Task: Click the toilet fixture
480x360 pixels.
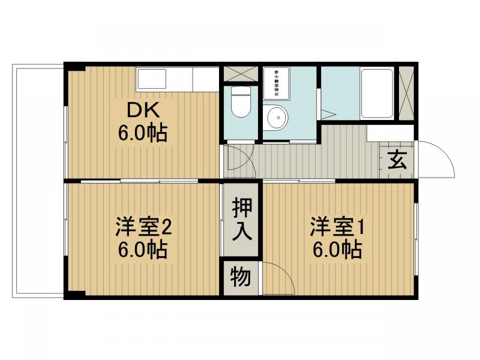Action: [x=240, y=103]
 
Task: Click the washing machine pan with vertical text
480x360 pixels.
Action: [x=276, y=83]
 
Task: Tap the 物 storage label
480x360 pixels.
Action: [x=241, y=277]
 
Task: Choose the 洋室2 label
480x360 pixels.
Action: [x=144, y=229]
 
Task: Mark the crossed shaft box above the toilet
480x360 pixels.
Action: [x=240, y=74]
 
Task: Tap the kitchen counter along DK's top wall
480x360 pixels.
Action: [x=177, y=79]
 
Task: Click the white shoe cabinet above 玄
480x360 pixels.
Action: [x=390, y=133]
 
